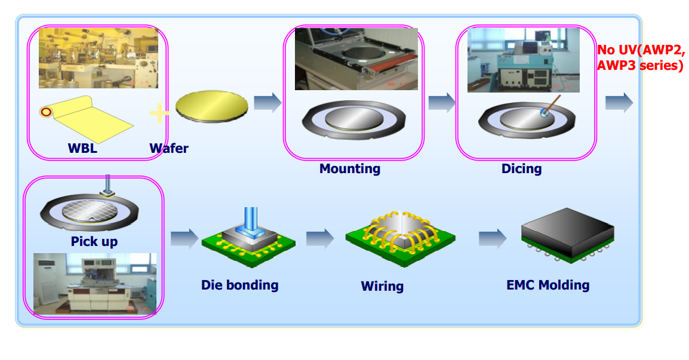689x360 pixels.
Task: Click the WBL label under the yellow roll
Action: click(82, 148)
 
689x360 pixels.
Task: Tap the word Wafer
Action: click(169, 148)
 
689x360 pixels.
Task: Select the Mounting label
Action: click(350, 169)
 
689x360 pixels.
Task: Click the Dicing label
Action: click(521, 169)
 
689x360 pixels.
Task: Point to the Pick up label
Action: click(94, 242)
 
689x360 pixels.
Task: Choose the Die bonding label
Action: click(239, 285)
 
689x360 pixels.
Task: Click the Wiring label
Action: click(382, 287)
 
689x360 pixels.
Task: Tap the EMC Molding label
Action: click(547, 285)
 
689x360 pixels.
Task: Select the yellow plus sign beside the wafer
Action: click(158, 112)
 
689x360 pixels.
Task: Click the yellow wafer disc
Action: click(212, 106)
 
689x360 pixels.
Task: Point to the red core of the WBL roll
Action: click(45, 112)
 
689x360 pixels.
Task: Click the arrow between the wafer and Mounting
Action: click(267, 103)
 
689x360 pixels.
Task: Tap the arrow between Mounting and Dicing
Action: click(441, 103)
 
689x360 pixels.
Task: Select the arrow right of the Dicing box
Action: click(619, 103)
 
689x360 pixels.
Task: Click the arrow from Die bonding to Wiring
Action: click(320, 238)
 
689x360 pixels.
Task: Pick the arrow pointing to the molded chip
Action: click(492, 238)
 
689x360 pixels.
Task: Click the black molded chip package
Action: click(567, 232)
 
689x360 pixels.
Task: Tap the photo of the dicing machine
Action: click(524, 60)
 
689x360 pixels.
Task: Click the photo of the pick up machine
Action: click(94, 283)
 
